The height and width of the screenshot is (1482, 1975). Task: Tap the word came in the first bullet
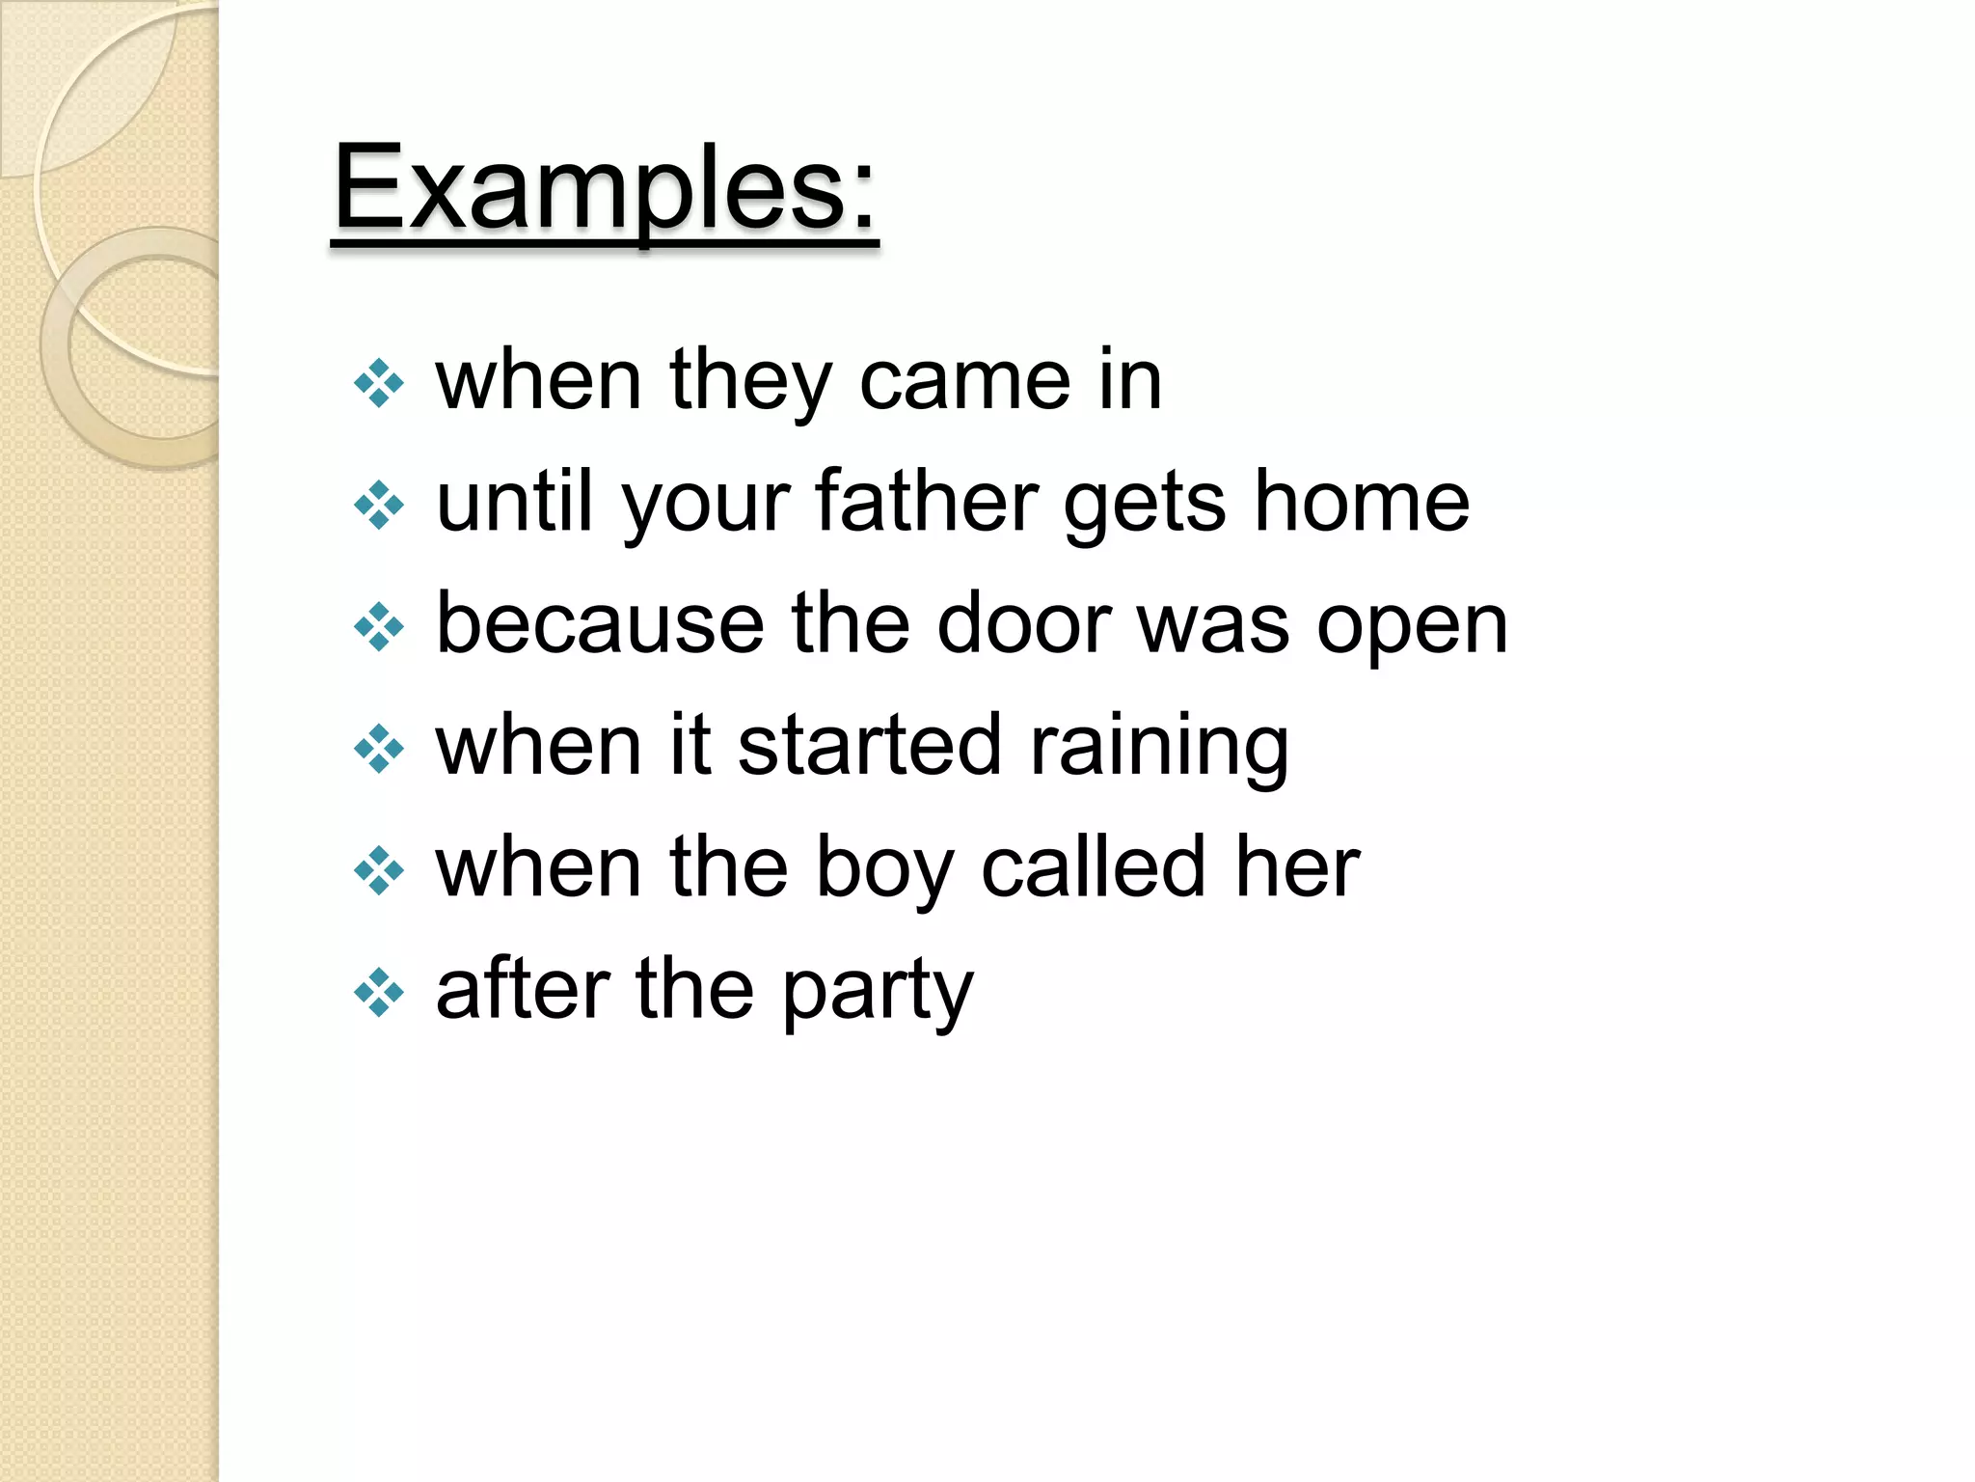point(963,381)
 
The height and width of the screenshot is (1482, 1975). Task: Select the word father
point(926,502)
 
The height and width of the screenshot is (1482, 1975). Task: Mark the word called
point(1093,867)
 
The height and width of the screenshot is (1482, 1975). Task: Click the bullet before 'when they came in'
point(379,384)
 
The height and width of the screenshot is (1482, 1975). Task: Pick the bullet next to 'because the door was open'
point(379,627)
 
